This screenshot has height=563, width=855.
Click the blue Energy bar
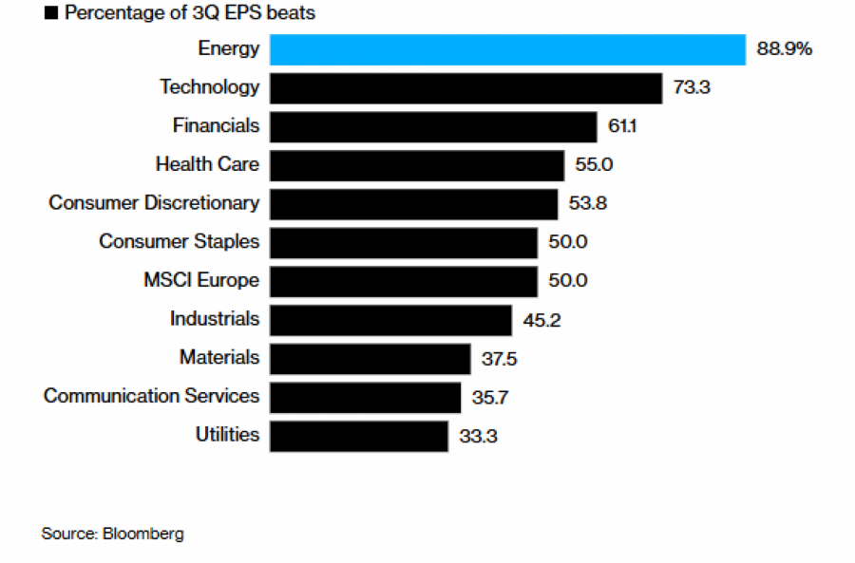click(507, 49)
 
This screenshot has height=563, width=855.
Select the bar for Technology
click(465, 88)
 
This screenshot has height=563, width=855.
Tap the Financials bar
click(433, 126)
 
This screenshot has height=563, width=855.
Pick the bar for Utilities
click(359, 436)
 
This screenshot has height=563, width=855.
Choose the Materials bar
click(370, 359)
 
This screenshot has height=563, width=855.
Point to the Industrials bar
click(391, 320)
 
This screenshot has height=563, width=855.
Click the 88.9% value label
click(785, 49)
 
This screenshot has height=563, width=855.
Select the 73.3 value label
click(692, 88)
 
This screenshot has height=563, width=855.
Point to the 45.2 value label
click(542, 320)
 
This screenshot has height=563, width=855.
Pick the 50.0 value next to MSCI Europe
click(568, 281)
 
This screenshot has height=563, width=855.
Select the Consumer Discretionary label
click(154, 203)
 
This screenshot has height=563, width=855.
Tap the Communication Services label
click(151, 396)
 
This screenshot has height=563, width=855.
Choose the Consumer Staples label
click(179, 242)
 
